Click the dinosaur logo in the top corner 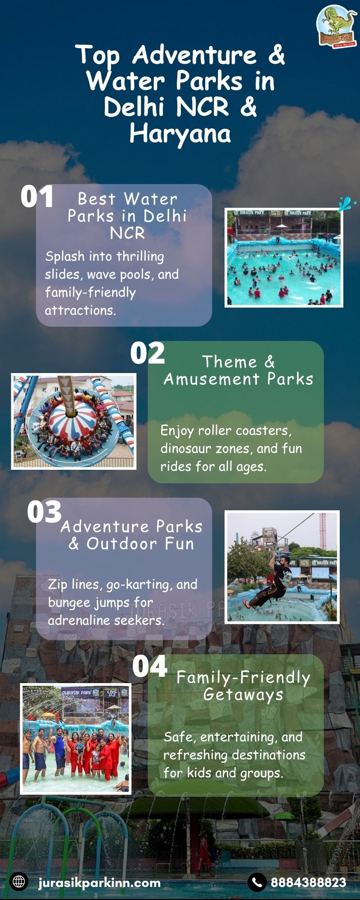[x=337, y=27]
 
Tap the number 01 [x=37, y=197]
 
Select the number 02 [x=148, y=353]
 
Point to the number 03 [x=44, y=512]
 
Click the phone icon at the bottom [x=257, y=882]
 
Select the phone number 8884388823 [x=308, y=882]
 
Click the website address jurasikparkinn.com [x=99, y=882]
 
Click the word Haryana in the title [x=180, y=134]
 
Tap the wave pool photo [x=283, y=258]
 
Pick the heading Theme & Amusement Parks [x=238, y=370]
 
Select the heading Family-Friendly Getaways [x=243, y=686]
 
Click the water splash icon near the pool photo [x=346, y=203]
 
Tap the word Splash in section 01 [x=65, y=256]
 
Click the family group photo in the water [x=76, y=738]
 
